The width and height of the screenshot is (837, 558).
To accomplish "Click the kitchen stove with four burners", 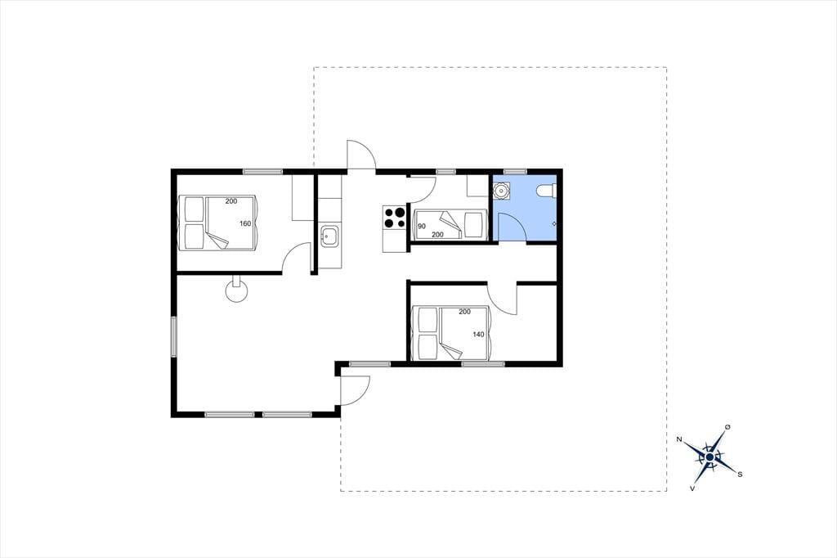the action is (x=395, y=217).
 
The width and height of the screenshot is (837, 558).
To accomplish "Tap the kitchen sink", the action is (x=329, y=236).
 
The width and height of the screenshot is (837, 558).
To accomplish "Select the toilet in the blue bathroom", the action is (x=547, y=191).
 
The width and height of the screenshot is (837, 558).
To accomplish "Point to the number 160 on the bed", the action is (x=245, y=223).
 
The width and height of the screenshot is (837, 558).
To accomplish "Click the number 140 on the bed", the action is (x=478, y=335).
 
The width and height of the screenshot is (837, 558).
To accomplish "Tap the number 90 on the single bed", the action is (x=422, y=227).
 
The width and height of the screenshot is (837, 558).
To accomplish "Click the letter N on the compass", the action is (x=679, y=439).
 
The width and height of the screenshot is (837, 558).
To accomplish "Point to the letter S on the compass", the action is (x=740, y=474).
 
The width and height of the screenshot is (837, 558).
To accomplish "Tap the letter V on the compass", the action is (x=693, y=488).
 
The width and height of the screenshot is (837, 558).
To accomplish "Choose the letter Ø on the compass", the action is (x=727, y=426).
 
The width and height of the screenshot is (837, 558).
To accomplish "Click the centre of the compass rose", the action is (x=709, y=457).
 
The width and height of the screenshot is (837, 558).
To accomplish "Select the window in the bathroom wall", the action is (x=515, y=172).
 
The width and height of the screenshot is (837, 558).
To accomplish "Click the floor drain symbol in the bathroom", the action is (x=553, y=224).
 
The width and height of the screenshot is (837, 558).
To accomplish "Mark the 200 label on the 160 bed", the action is (x=231, y=201).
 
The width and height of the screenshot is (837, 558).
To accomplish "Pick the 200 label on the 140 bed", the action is (x=464, y=312).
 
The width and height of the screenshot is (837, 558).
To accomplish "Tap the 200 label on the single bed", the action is (x=438, y=235).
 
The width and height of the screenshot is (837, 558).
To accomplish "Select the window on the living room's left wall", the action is (x=173, y=337).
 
